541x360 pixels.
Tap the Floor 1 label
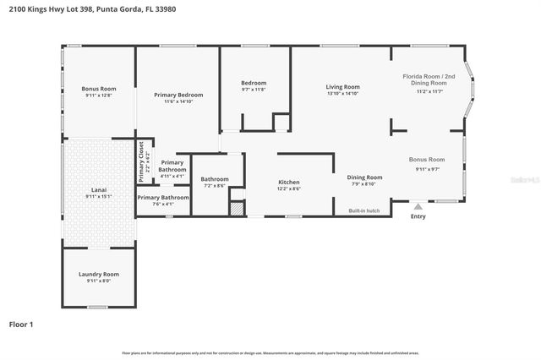tap(21, 323)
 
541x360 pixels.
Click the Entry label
tap(418, 216)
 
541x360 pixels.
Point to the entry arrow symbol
tap(418, 205)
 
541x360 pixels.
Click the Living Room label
tap(343, 87)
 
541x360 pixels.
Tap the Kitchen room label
tap(289, 182)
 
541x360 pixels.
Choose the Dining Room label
tap(365, 177)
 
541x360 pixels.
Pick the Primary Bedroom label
tap(178, 95)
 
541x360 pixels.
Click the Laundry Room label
tap(98, 275)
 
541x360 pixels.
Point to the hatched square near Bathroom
tap(237, 208)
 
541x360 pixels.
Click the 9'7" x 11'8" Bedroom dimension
tap(254, 89)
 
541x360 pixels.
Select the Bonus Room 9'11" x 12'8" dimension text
tap(98, 95)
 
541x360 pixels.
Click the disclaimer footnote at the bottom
tap(270, 352)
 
